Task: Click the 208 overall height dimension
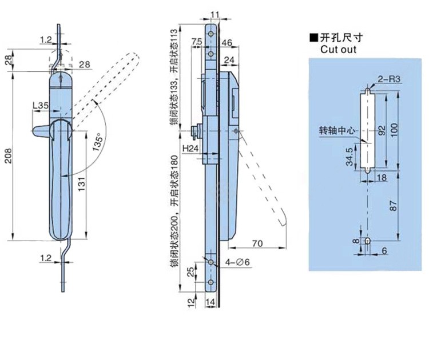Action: (7, 161)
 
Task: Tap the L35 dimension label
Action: (41, 106)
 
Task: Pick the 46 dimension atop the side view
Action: (226, 43)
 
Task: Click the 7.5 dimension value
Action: (196, 43)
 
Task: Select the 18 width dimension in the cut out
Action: (382, 179)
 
